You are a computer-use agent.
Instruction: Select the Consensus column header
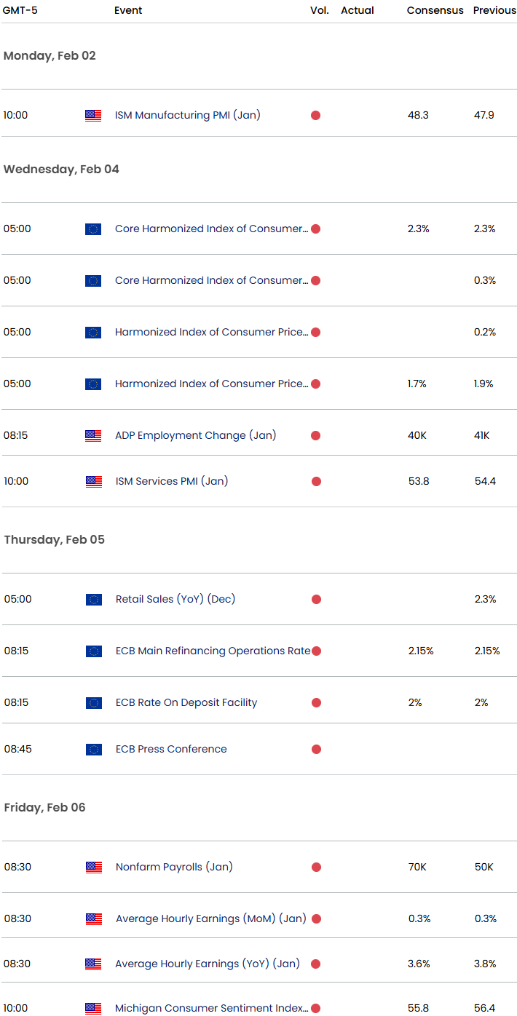tap(435, 10)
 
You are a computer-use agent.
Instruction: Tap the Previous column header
tap(494, 10)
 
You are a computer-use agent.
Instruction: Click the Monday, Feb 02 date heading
tap(50, 55)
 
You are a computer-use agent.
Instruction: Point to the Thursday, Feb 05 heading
tap(54, 539)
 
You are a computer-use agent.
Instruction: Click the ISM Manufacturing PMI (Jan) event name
tap(187, 115)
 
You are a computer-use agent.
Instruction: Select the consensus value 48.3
tap(418, 115)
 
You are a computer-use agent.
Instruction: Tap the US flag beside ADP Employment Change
tap(93, 435)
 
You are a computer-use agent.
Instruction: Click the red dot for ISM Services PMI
tap(315, 481)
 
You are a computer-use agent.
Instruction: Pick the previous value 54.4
tap(484, 481)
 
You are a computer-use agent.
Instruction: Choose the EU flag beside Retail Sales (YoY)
tap(93, 599)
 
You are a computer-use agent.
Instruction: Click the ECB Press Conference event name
tap(171, 749)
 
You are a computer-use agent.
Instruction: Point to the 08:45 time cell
tap(17, 749)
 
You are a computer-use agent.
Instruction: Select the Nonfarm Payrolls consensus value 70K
tap(418, 867)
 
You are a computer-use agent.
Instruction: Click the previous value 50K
tap(484, 867)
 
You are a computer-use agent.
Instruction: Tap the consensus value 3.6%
tap(419, 964)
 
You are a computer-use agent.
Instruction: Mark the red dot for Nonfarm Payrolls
tap(316, 867)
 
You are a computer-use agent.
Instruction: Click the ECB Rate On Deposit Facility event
tap(186, 702)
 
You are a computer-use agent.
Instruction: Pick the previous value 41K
tap(482, 435)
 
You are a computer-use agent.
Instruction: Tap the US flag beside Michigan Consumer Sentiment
tap(93, 1008)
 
